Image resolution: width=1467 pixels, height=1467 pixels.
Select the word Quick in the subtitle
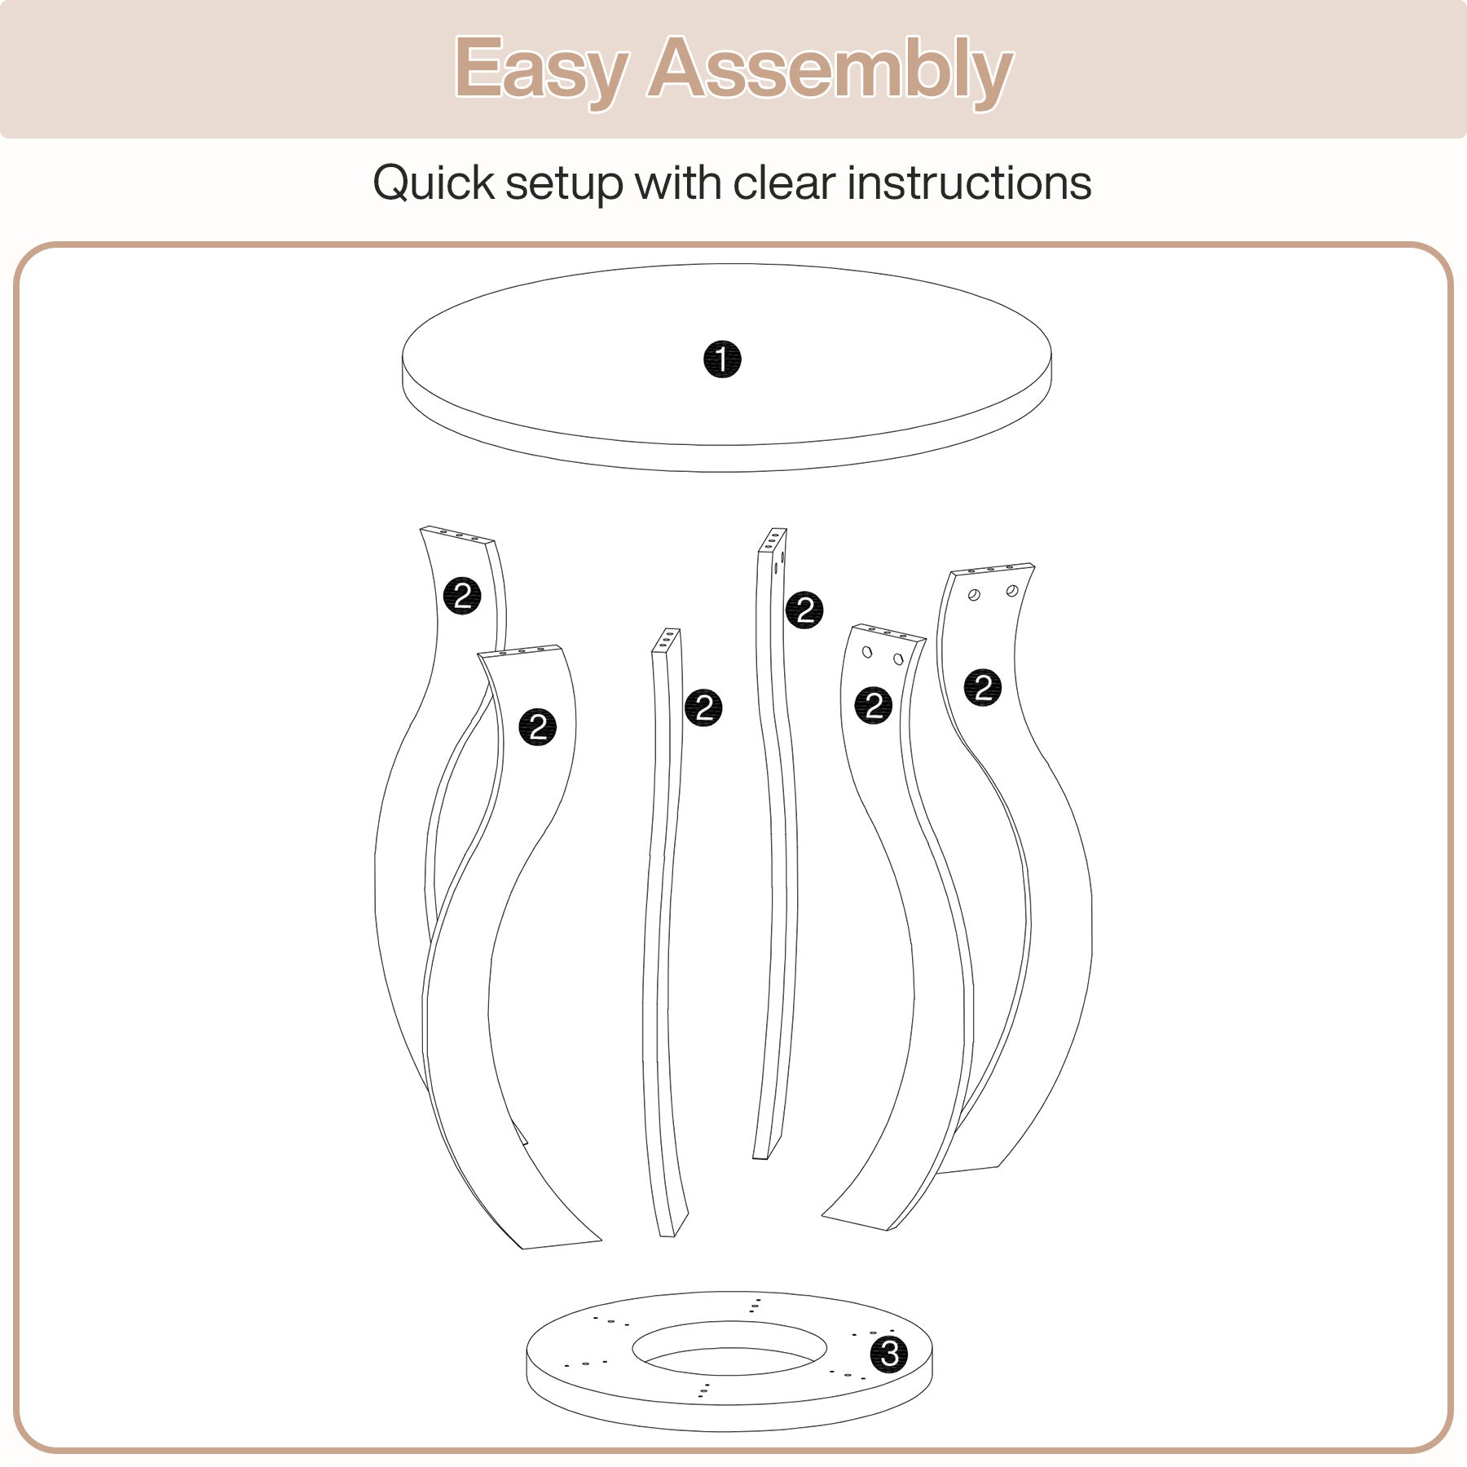coord(434,183)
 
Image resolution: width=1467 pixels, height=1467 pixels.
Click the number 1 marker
coord(722,359)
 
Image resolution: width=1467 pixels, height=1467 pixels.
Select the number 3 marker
coord(889,1354)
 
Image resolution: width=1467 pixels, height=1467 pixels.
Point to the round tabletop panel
coord(727,367)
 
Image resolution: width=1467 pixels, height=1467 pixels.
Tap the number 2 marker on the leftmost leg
coord(462,597)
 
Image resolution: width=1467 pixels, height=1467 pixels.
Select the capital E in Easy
coord(478,68)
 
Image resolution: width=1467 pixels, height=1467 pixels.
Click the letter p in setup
coord(608,189)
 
